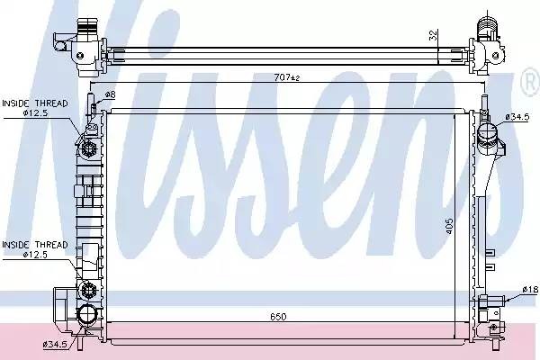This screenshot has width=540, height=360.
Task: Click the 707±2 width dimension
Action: tap(287, 77)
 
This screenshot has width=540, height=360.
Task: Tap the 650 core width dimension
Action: tap(278, 316)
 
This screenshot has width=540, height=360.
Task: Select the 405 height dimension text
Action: tap(450, 226)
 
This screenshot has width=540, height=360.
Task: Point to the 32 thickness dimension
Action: tap(434, 35)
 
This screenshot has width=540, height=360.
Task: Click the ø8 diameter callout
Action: tap(110, 94)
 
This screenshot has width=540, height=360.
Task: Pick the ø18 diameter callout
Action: tap(530, 290)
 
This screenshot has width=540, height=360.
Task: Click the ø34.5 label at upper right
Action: tap(517, 117)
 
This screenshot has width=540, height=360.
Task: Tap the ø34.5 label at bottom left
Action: tap(55, 344)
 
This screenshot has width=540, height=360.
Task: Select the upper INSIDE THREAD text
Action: tap(35, 103)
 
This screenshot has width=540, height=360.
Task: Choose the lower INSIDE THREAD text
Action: tap(35, 245)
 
